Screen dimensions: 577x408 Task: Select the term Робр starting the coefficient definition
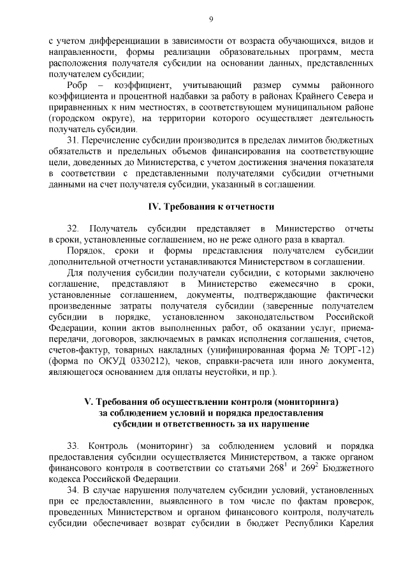pos(78,85)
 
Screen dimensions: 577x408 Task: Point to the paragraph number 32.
pos(73,228)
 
